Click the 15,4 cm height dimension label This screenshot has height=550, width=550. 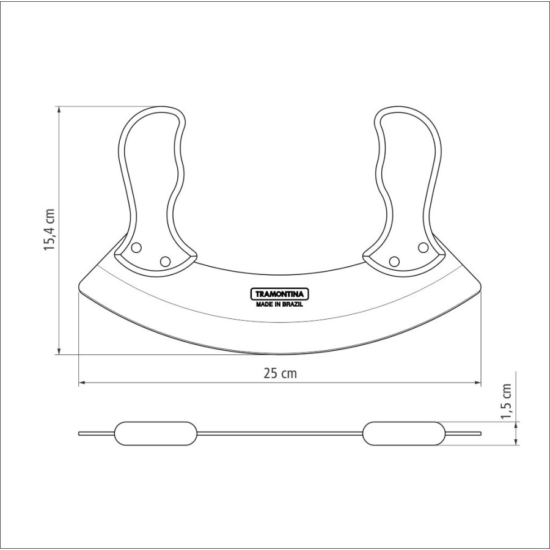[x=50, y=229]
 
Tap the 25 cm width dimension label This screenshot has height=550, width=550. [x=280, y=373]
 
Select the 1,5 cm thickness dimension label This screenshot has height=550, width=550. [x=506, y=401]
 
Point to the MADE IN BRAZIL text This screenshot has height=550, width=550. [x=279, y=304]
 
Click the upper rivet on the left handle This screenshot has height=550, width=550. [x=136, y=248]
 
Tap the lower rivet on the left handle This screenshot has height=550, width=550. [x=165, y=262]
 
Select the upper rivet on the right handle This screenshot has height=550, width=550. [x=424, y=248]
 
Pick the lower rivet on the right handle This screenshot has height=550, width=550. [x=394, y=262]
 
